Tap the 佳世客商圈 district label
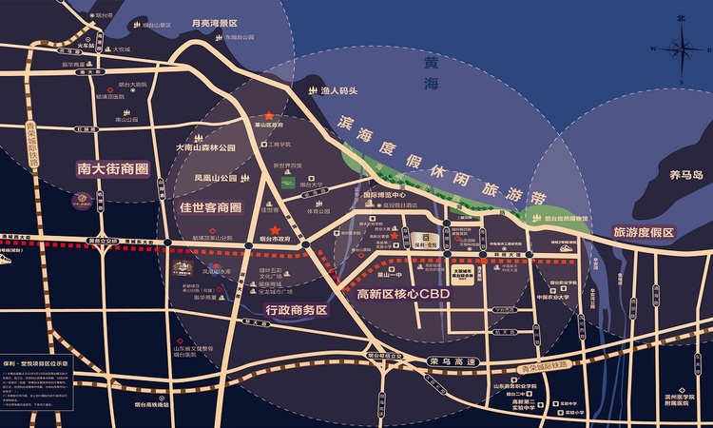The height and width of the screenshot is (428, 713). (x=211, y=206)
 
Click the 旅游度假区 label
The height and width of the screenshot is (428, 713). (x=643, y=232)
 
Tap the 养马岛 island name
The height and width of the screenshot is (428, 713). (x=684, y=175)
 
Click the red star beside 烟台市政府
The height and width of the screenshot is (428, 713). (x=275, y=230)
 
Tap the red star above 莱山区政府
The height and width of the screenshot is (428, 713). (x=269, y=114)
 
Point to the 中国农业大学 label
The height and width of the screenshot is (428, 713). (x=551, y=297)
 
